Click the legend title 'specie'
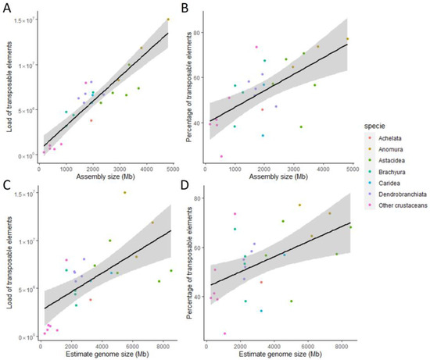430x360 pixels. click(373, 127)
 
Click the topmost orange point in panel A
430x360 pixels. click(168, 20)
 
